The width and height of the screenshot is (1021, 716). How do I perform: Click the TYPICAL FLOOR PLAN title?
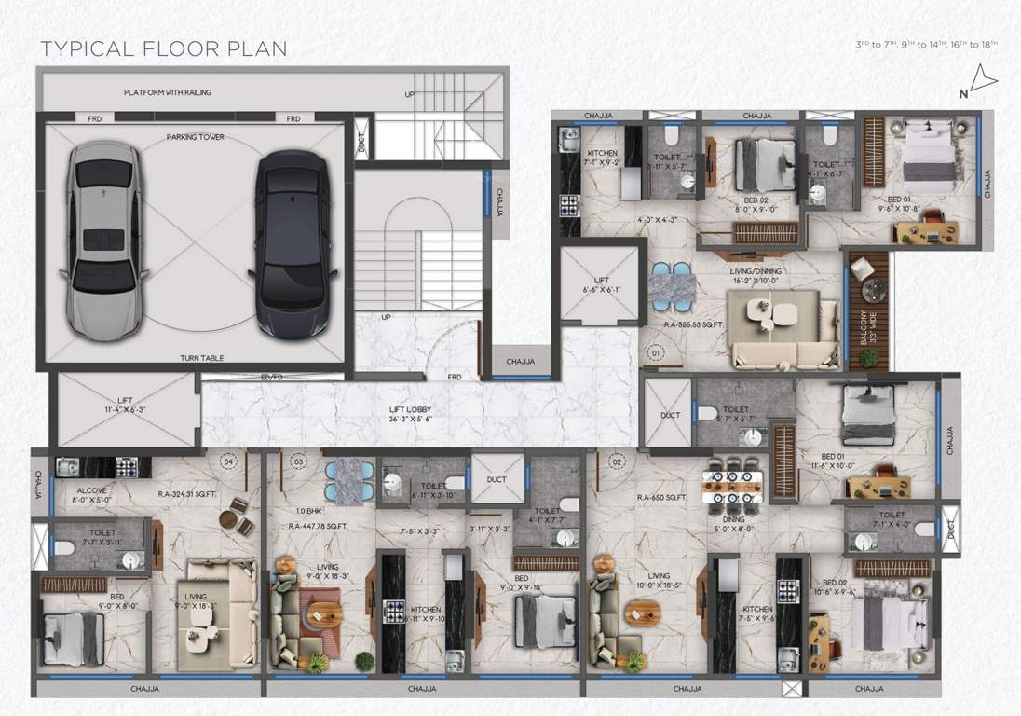164,48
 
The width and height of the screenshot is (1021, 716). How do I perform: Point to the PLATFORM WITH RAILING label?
168,92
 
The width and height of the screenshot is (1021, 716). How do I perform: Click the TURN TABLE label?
198,358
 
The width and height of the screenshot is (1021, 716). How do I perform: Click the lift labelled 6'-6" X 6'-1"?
602,284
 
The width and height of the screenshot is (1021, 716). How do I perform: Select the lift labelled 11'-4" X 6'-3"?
125,407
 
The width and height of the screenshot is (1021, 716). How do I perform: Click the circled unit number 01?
655,354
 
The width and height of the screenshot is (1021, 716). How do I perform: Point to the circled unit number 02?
616,461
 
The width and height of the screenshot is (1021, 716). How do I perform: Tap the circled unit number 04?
228,461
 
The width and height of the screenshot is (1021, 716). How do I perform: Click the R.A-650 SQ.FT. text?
661,499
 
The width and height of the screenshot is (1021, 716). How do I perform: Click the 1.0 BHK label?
308,511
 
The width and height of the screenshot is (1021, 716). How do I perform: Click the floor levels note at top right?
926,45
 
